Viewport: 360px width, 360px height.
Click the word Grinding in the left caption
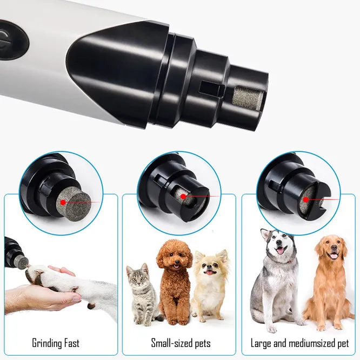click(x=47, y=343)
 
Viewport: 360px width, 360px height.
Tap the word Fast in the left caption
click(x=72, y=343)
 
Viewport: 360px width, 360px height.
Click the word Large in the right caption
click(x=261, y=344)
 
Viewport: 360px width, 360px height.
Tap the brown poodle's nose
click(x=176, y=262)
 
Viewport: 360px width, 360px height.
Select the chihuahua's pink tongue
click(x=209, y=272)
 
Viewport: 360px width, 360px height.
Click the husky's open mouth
click(x=281, y=250)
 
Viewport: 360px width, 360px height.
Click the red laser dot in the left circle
click(x=63, y=203)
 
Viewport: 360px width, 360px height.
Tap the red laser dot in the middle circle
click(x=183, y=197)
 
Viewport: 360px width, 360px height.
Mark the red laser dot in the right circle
click(x=306, y=199)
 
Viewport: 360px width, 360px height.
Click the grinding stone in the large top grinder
click(x=248, y=98)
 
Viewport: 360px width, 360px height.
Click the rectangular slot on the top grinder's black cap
click(x=211, y=88)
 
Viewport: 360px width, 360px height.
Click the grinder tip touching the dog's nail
click(x=23, y=262)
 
